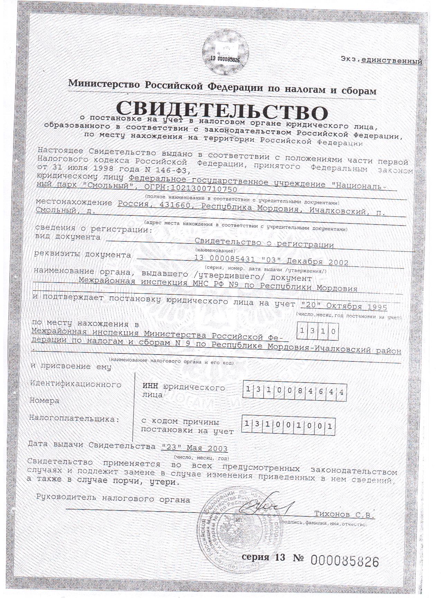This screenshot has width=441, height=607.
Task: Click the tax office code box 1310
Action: tap(317, 331)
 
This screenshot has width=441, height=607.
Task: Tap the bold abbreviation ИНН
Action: tap(151, 387)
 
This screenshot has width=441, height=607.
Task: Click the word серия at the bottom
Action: tap(255, 557)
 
